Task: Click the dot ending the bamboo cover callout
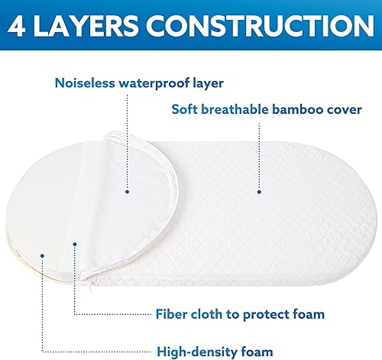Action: click(259, 193)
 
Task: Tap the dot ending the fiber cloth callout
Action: click(75, 245)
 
